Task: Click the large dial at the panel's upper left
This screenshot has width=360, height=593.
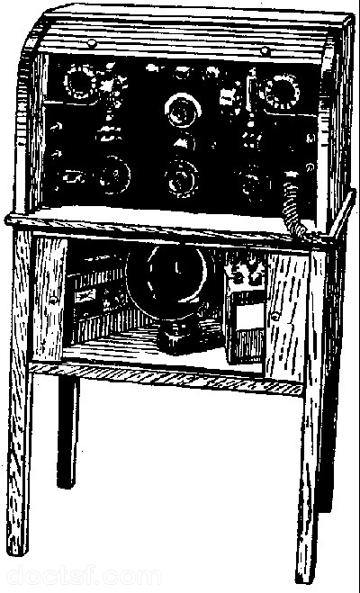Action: [80, 82]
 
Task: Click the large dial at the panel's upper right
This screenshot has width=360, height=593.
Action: [282, 92]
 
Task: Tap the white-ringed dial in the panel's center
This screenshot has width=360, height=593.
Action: [183, 111]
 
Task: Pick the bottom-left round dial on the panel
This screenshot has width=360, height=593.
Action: [114, 175]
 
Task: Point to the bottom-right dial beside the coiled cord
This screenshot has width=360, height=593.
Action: [251, 184]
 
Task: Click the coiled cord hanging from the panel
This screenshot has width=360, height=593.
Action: [294, 207]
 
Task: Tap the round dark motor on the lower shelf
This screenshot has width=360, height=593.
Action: [171, 279]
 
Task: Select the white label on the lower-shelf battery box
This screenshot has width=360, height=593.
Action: [248, 316]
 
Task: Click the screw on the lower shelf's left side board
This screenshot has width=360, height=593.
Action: [53, 301]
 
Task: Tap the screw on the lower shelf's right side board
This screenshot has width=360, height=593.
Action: [275, 315]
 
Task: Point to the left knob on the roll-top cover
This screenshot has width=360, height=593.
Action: [92, 43]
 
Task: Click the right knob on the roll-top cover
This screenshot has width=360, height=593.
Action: [265, 49]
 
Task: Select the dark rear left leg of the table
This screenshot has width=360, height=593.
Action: [68, 431]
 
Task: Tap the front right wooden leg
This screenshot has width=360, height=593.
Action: [310, 416]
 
